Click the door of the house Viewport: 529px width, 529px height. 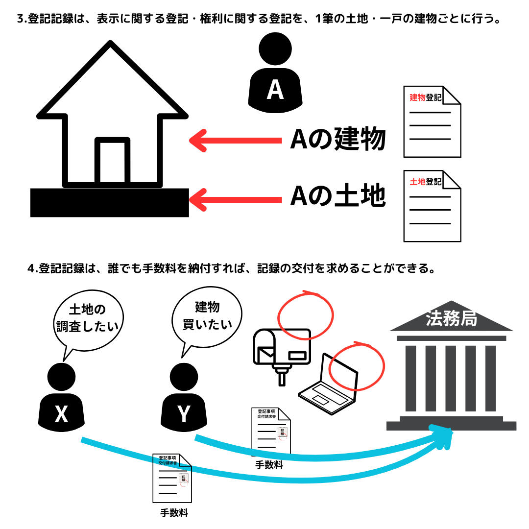click(x=112, y=162)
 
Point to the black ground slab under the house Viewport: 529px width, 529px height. click(x=109, y=203)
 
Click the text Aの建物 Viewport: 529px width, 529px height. click(x=338, y=140)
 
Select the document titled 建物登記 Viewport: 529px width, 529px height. click(x=432, y=122)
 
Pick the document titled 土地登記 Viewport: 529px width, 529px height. click(x=432, y=206)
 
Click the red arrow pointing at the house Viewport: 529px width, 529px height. click(x=235, y=141)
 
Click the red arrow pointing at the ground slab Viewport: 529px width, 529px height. click(x=235, y=199)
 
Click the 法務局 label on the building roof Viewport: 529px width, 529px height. click(x=451, y=319)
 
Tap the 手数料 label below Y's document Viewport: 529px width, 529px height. click(x=269, y=465)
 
